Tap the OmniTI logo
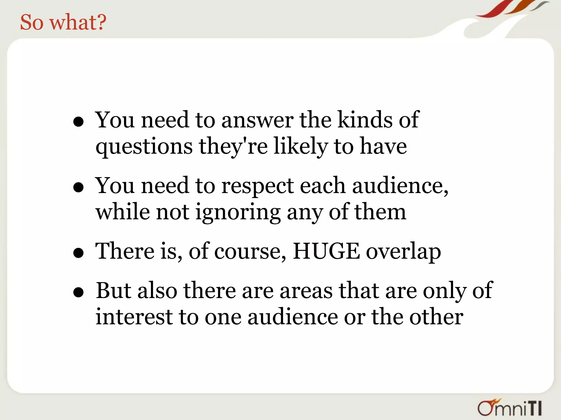tap(510, 408)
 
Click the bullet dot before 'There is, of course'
tap(78, 253)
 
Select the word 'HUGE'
tap(326, 251)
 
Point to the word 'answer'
tap(257, 120)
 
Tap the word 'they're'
tap(233, 146)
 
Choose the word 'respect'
tap(257, 186)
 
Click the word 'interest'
tap(134, 317)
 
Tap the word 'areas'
tap(306, 290)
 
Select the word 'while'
tap(123, 212)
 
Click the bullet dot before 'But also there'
tap(78, 292)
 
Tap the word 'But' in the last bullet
tap(113, 290)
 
